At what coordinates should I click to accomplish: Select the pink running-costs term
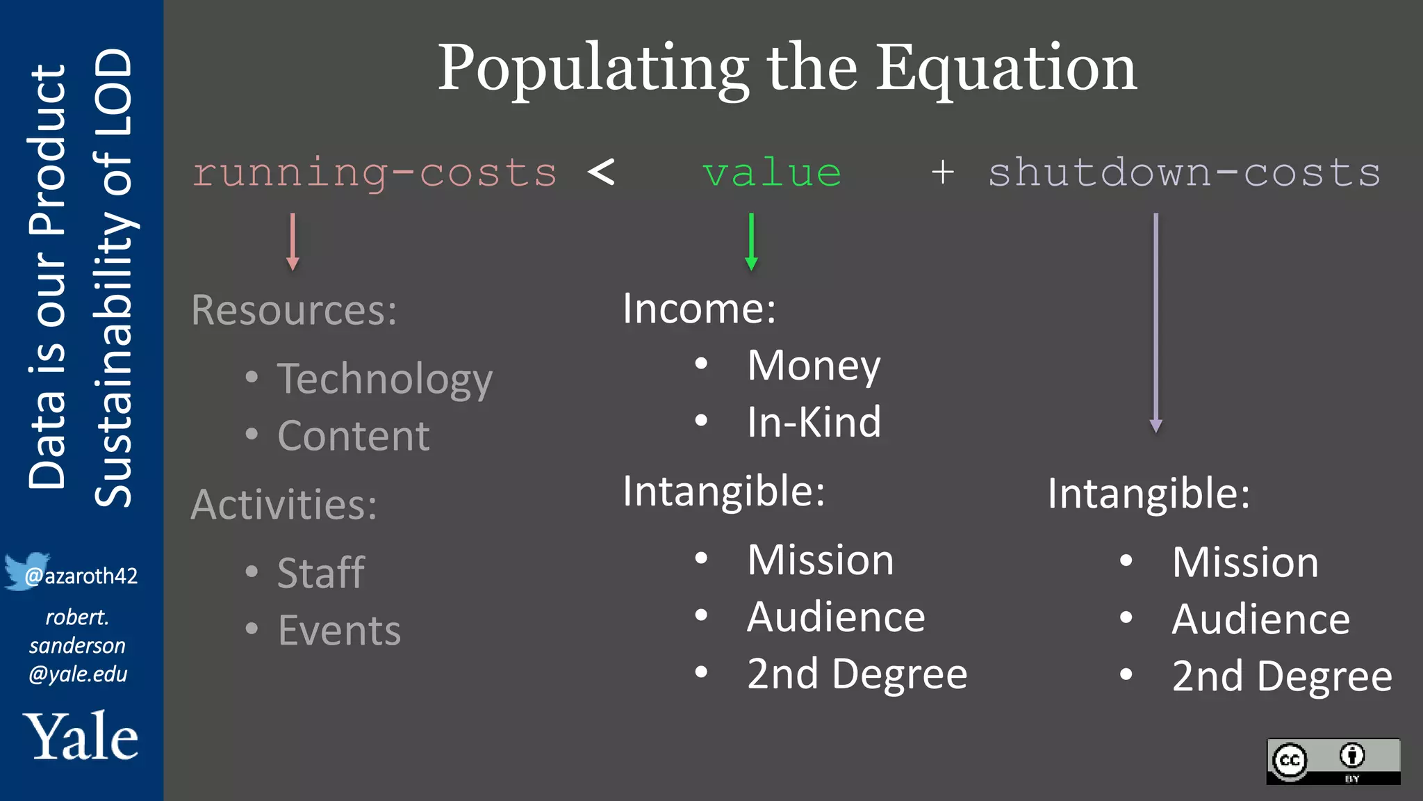click(375, 172)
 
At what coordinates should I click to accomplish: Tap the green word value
click(771, 172)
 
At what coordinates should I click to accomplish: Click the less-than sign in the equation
click(601, 172)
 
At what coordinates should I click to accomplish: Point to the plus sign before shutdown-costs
click(942, 172)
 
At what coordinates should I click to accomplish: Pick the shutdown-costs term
click(1184, 172)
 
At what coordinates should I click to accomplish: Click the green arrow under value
click(751, 241)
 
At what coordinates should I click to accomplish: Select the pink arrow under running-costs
click(293, 241)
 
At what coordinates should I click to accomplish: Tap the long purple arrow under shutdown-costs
click(1155, 323)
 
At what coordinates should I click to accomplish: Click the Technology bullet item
click(384, 379)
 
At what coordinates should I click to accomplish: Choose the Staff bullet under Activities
click(321, 573)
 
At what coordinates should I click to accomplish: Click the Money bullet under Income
click(813, 365)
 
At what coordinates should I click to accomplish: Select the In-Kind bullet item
click(814, 422)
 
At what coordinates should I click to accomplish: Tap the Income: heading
click(699, 308)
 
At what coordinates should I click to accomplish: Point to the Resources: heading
click(294, 310)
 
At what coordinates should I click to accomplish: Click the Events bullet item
click(339, 631)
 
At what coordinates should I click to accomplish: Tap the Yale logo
click(81, 736)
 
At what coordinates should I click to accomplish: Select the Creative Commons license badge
click(1333, 761)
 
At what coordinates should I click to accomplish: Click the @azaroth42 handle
click(81, 576)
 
